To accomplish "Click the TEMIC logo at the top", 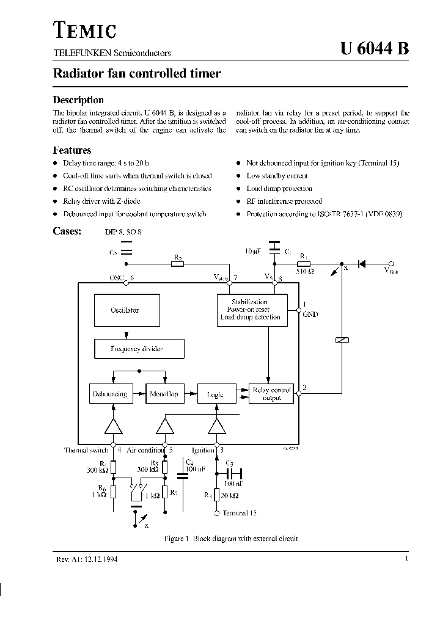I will [84, 30].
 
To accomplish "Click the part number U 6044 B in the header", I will [374, 51].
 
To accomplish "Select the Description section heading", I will [78, 100].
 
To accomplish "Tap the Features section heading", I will [72, 150].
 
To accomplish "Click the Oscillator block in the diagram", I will [125, 310].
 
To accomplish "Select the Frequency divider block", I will [139, 349].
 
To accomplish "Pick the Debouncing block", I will [110, 394].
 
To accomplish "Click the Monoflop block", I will [164, 394].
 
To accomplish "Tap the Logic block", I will [215, 394].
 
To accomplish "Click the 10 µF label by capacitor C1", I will [253, 252].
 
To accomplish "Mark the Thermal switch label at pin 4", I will [86, 450].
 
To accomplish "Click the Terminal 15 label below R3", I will [240, 513].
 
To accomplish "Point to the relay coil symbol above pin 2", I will [342, 340].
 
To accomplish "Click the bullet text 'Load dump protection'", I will [279, 189].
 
